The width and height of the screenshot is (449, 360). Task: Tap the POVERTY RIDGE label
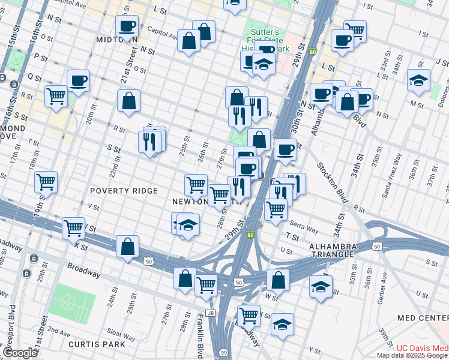(x=124, y=191)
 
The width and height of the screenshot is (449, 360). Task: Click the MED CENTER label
(x=423, y=317)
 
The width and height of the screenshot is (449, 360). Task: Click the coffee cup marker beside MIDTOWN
(x=127, y=26)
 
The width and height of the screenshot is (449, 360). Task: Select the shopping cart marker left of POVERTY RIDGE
(x=46, y=181)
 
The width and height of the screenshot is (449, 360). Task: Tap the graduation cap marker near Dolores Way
(x=418, y=80)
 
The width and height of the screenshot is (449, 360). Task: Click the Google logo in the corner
(x=19, y=353)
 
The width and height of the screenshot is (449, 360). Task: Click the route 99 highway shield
(x=223, y=353)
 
